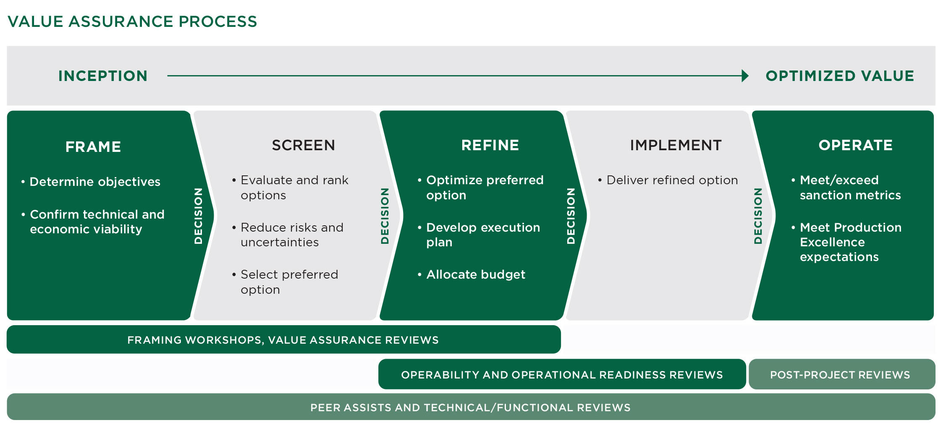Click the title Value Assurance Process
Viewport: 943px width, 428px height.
pyautogui.click(x=132, y=21)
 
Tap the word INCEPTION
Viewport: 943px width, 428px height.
pyautogui.click(x=103, y=76)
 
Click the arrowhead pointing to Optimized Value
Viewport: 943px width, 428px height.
pyautogui.click(x=745, y=76)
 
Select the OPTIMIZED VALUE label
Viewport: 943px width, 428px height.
pyautogui.click(x=840, y=76)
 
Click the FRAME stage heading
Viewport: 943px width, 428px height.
pyautogui.click(x=93, y=147)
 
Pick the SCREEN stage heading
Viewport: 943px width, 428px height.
pyautogui.click(x=303, y=145)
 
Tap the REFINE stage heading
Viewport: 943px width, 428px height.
pyautogui.click(x=490, y=145)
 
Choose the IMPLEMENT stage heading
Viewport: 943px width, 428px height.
pyautogui.click(x=676, y=145)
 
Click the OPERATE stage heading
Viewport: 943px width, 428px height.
pyautogui.click(x=855, y=145)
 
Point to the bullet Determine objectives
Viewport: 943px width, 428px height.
pyautogui.click(x=95, y=182)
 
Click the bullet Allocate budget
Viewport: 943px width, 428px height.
pyautogui.click(x=475, y=274)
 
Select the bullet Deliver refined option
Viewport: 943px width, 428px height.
pyautogui.click(x=672, y=180)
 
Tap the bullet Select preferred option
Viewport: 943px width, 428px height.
pyautogui.click(x=289, y=282)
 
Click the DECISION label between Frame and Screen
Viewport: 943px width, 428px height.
pyautogui.click(x=198, y=216)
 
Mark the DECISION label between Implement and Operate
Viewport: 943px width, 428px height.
pyautogui.click(x=758, y=216)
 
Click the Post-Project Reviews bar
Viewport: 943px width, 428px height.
pyautogui.click(x=840, y=375)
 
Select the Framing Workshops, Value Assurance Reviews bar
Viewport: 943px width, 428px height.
pyautogui.click(x=283, y=340)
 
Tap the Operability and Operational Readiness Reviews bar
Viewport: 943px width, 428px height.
pyautogui.click(x=562, y=375)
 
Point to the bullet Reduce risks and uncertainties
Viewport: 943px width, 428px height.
pyautogui.click(x=292, y=235)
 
